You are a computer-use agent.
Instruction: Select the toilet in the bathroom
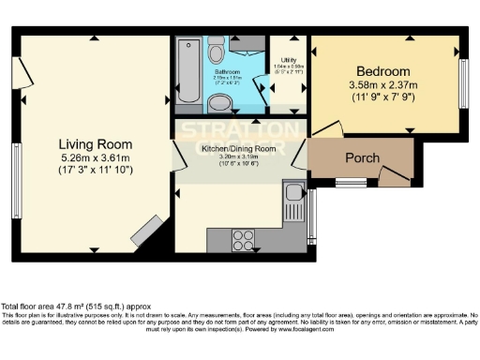coord(215,50)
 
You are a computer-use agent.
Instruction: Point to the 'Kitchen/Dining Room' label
coord(237,148)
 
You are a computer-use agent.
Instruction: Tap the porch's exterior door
coord(395,175)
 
